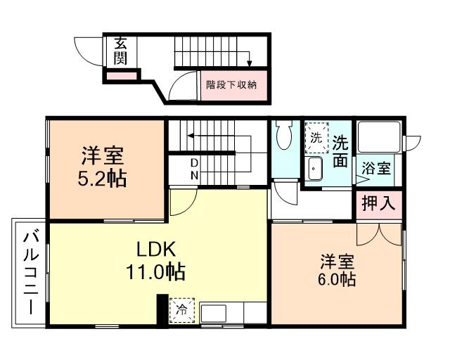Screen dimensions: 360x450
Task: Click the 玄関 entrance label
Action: (x=121, y=50)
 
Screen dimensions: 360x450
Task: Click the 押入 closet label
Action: (x=378, y=204)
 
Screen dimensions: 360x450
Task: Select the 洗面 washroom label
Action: (x=340, y=150)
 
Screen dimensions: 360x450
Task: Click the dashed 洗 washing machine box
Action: (x=316, y=136)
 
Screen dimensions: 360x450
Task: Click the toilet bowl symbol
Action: (x=285, y=136)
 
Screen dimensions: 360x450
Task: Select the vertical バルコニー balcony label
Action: (x=31, y=271)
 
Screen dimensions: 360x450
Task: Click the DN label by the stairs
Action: (x=194, y=169)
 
